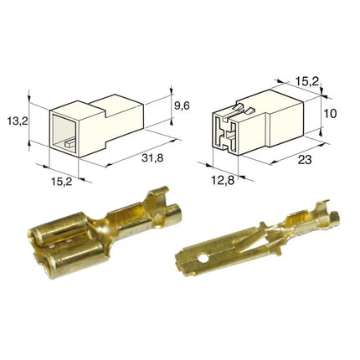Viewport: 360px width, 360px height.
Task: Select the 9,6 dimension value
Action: [x=182, y=105]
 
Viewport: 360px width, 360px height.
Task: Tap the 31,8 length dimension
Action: [x=152, y=158]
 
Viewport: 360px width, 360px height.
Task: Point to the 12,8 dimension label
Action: [x=223, y=181]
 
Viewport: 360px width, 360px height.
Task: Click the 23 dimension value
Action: [x=305, y=160]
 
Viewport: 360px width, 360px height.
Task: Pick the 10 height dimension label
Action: [x=331, y=114]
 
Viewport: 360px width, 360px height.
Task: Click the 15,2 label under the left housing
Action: [x=61, y=182]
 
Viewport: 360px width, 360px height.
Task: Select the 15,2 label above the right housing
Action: [x=306, y=81]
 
